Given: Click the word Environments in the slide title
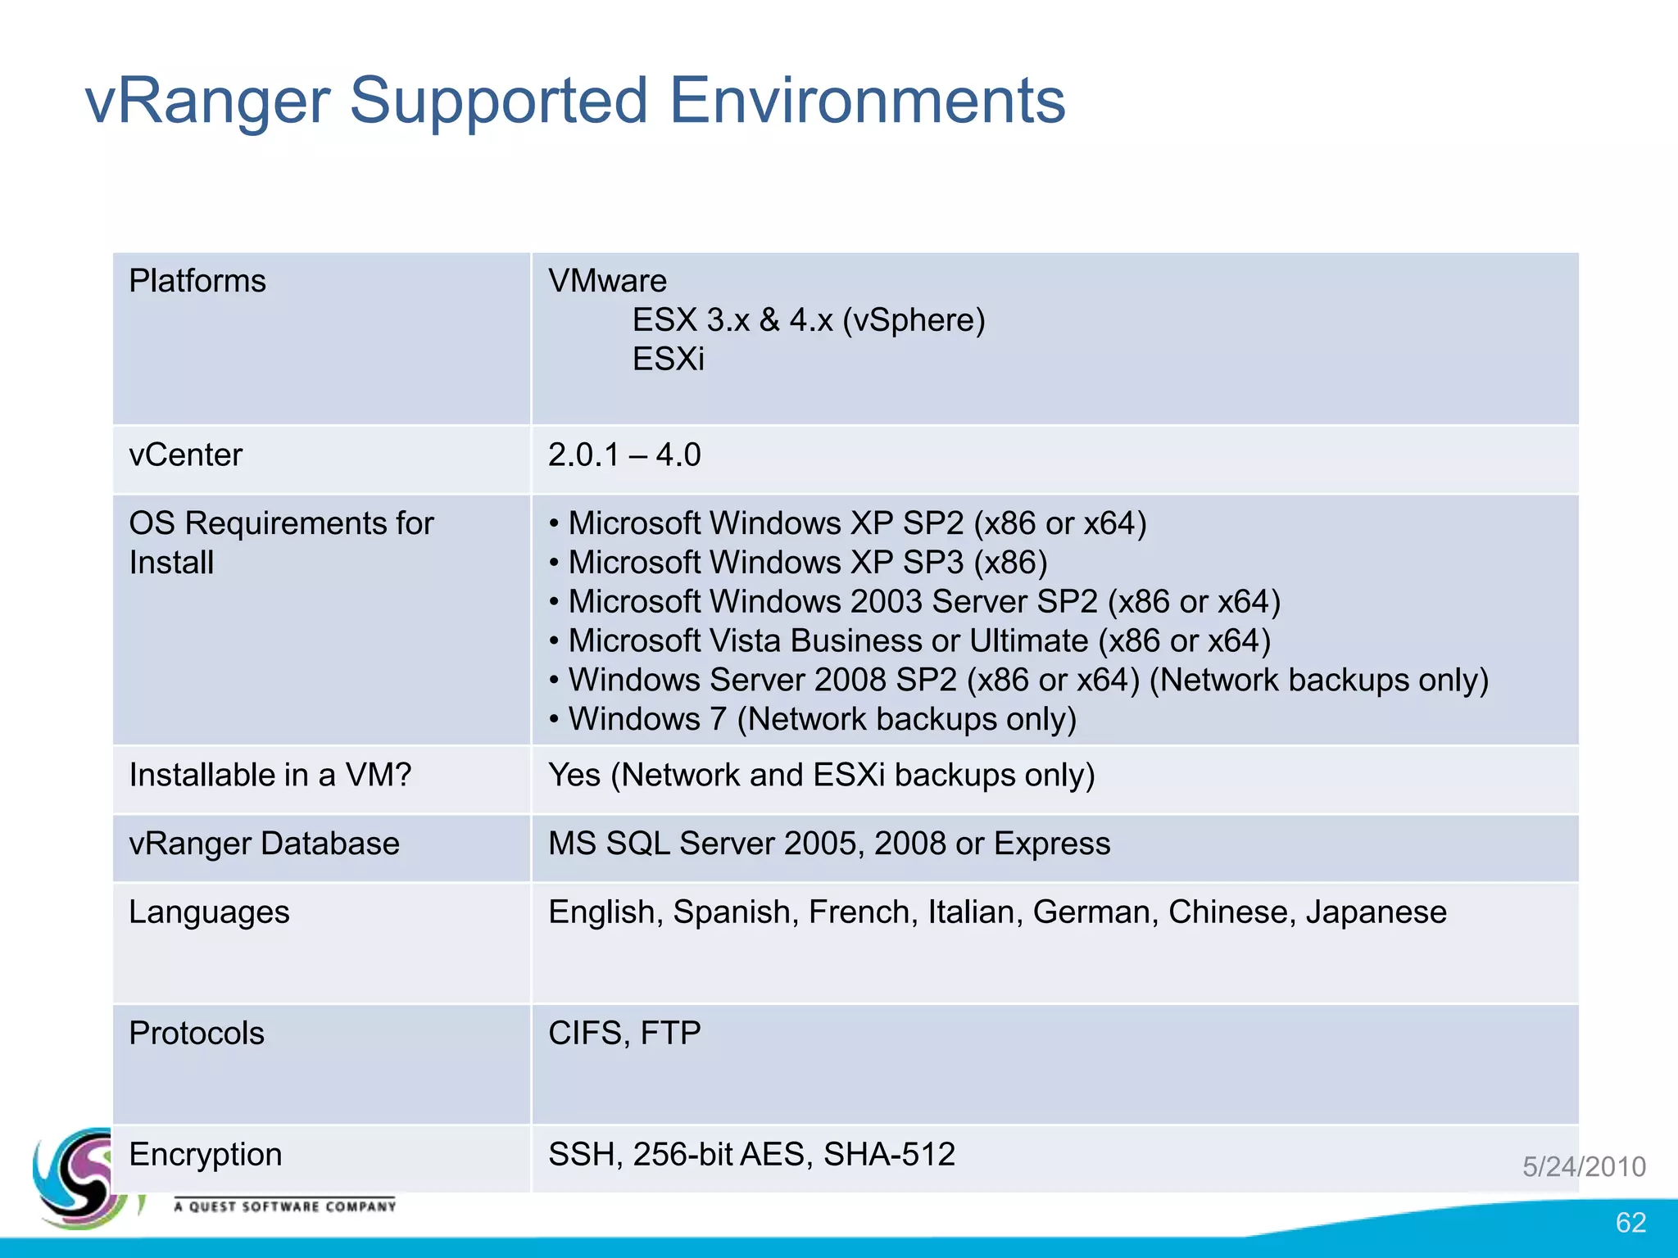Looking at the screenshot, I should click(x=867, y=101).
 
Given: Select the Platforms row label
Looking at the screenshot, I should click(x=197, y=281).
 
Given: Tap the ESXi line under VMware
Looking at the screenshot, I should click(x=668, y=359).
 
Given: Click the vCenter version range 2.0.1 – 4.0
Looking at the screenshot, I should click(x=624, y=455).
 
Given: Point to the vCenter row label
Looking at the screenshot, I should click(x=186, y=455).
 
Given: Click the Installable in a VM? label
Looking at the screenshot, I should click(x=270, y=775).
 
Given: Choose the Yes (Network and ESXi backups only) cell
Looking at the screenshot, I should click(x=821, y=775).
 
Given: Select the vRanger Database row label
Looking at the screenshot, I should click(x=264, y=844).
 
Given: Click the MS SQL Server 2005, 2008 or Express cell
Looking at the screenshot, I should click(x=829, y=844).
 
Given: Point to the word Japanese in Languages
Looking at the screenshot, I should click(x=1376, y=912).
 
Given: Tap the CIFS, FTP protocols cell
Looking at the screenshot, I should click(x=624, y=1034).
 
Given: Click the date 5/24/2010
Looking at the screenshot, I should click(x=1584, y=1166).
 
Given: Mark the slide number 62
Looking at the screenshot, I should click(x=1630, y=1222).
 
